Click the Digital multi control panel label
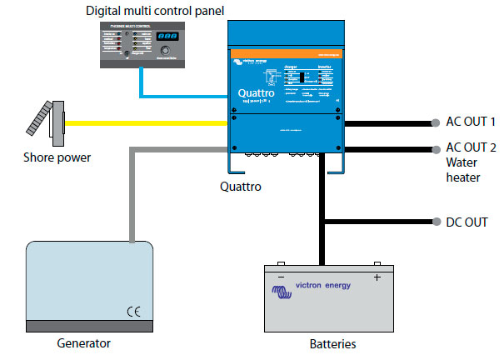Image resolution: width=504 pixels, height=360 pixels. tap(156, 10)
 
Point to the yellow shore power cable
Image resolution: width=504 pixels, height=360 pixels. tap(150, 122)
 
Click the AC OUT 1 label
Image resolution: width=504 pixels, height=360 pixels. tap(471, 122)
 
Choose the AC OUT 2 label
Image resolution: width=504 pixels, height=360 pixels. tap(471, 148)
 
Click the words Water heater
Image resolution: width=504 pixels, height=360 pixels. tap(463, 169)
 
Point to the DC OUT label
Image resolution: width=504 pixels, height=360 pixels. tap(467, 222)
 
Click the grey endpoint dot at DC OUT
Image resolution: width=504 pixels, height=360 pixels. tap(437, 222)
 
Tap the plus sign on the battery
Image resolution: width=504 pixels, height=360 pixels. tap(377, 277)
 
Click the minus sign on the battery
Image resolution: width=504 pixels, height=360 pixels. tap(281, 277)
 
